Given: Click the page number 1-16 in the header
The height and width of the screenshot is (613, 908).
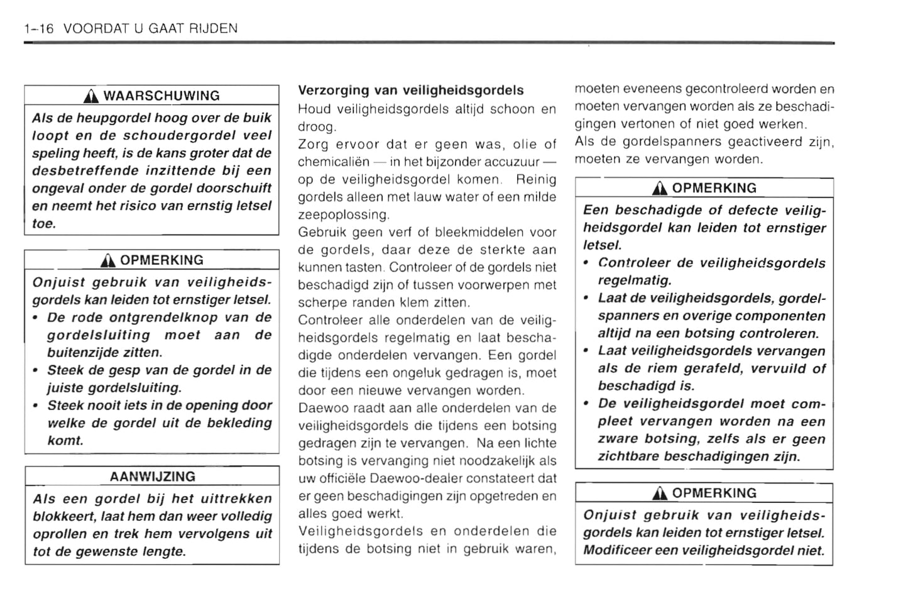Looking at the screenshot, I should [39, 28].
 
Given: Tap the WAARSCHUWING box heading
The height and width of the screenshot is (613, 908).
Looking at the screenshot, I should [161, 96].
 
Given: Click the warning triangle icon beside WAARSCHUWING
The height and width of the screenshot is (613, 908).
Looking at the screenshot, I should [92, 96].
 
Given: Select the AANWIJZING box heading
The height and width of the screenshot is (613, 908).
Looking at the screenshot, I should [152, 477].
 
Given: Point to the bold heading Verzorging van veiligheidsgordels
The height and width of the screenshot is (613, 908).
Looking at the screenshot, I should [410, 90].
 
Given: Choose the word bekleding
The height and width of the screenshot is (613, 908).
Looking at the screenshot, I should [240, 423].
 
